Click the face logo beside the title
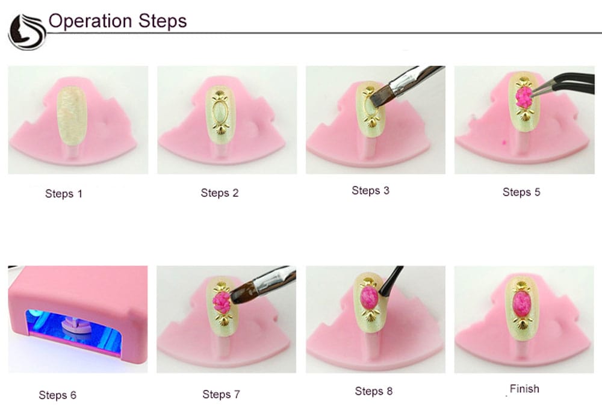(27, 32)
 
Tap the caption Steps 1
(64, 193)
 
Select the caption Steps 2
(220, 193)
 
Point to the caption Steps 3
(370, 190)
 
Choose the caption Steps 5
(521, 192)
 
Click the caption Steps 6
(58, 395)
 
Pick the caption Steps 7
(221, 394)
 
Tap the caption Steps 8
(374, 391)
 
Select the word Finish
(524, 389)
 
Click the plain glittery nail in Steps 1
(72, 116)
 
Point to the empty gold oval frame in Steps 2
(220, 111)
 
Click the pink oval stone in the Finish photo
(521, 304)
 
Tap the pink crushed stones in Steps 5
(523, 97)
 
